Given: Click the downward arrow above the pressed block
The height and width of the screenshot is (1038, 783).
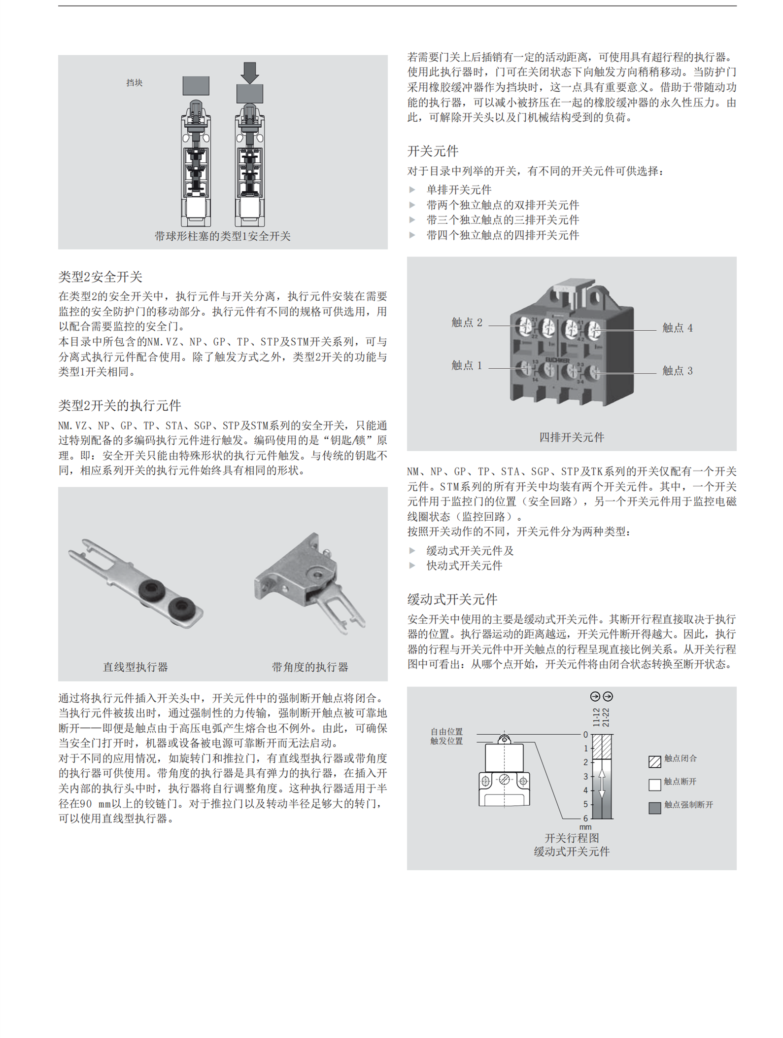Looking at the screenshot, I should coord(250,72).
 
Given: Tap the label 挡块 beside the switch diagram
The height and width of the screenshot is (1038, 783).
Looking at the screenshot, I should coord(134,83).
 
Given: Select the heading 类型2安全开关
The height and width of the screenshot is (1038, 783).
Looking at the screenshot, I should coord(100,277).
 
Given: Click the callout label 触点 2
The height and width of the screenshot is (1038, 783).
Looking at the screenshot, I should coord(466,322).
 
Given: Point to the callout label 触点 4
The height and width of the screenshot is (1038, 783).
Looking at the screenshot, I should coord(677,328).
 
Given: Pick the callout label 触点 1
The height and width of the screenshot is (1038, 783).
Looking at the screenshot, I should coord(466,365).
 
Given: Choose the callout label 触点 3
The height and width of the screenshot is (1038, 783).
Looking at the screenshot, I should coord(677,371).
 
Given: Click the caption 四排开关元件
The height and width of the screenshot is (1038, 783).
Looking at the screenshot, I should coord(571,437).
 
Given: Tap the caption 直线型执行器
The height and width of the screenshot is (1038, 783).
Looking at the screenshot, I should coord(135,667).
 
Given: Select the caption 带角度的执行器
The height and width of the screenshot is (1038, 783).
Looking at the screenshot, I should coord(309,667).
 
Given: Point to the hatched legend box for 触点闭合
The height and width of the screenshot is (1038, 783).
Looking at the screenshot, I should coord(654,761).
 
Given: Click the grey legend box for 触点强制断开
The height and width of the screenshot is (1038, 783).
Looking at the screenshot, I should coord(654,808).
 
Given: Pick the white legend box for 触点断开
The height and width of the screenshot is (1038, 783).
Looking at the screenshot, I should coord(654,785).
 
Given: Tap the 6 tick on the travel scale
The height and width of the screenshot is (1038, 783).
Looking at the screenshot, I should coord(585,818).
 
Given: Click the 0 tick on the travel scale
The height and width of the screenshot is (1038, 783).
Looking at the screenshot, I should coord(585,735).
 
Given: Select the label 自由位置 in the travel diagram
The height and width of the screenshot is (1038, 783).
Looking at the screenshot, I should coord(446,732).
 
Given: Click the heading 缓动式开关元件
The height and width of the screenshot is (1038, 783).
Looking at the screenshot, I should coord(452,599).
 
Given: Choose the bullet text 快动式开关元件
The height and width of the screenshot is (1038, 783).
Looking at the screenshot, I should coord(464,566).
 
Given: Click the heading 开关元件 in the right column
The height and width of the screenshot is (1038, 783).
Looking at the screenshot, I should coord(432,151).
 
